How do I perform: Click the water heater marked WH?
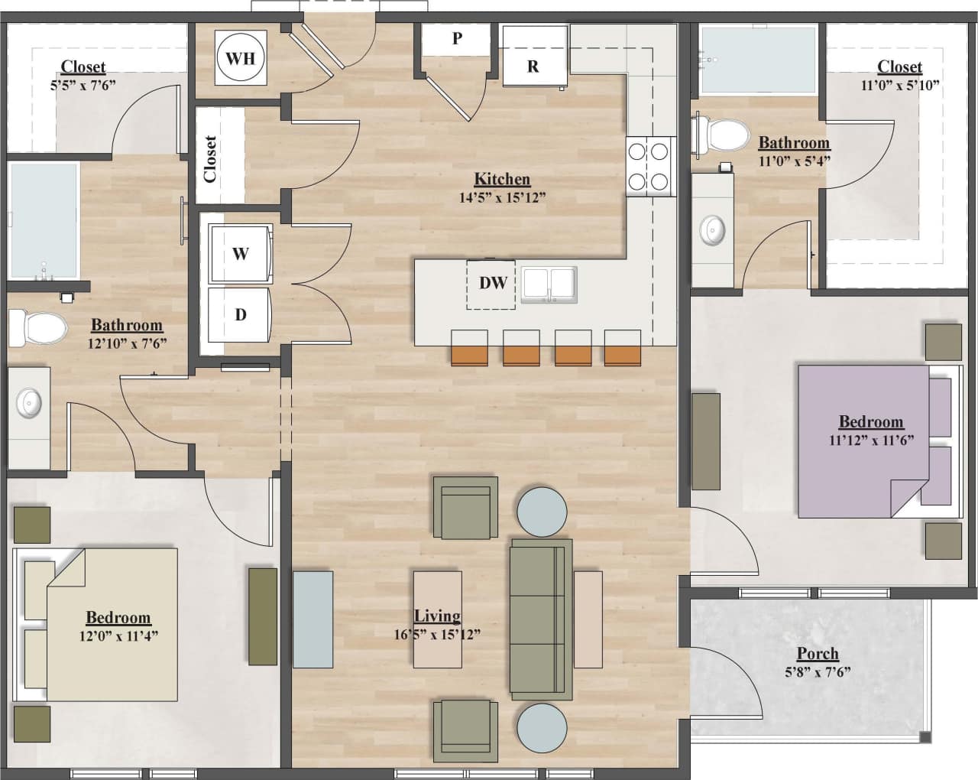pos(241,57)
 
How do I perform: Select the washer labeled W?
pos(240,254)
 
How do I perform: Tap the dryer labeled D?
pos(240,314)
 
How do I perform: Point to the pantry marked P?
pos(457,39)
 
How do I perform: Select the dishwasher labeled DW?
pos(492,284)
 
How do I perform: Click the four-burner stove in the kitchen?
pos(650,166)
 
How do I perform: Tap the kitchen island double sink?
pos(549,284)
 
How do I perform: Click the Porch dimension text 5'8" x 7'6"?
pos(818,672)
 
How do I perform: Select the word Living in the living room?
pos(437,616)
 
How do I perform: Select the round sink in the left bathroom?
pos(30,402)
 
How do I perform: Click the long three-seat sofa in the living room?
pos(541,619)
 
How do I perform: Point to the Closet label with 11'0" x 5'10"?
pos(899,67)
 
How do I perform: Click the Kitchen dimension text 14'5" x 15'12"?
pos(502,197)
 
